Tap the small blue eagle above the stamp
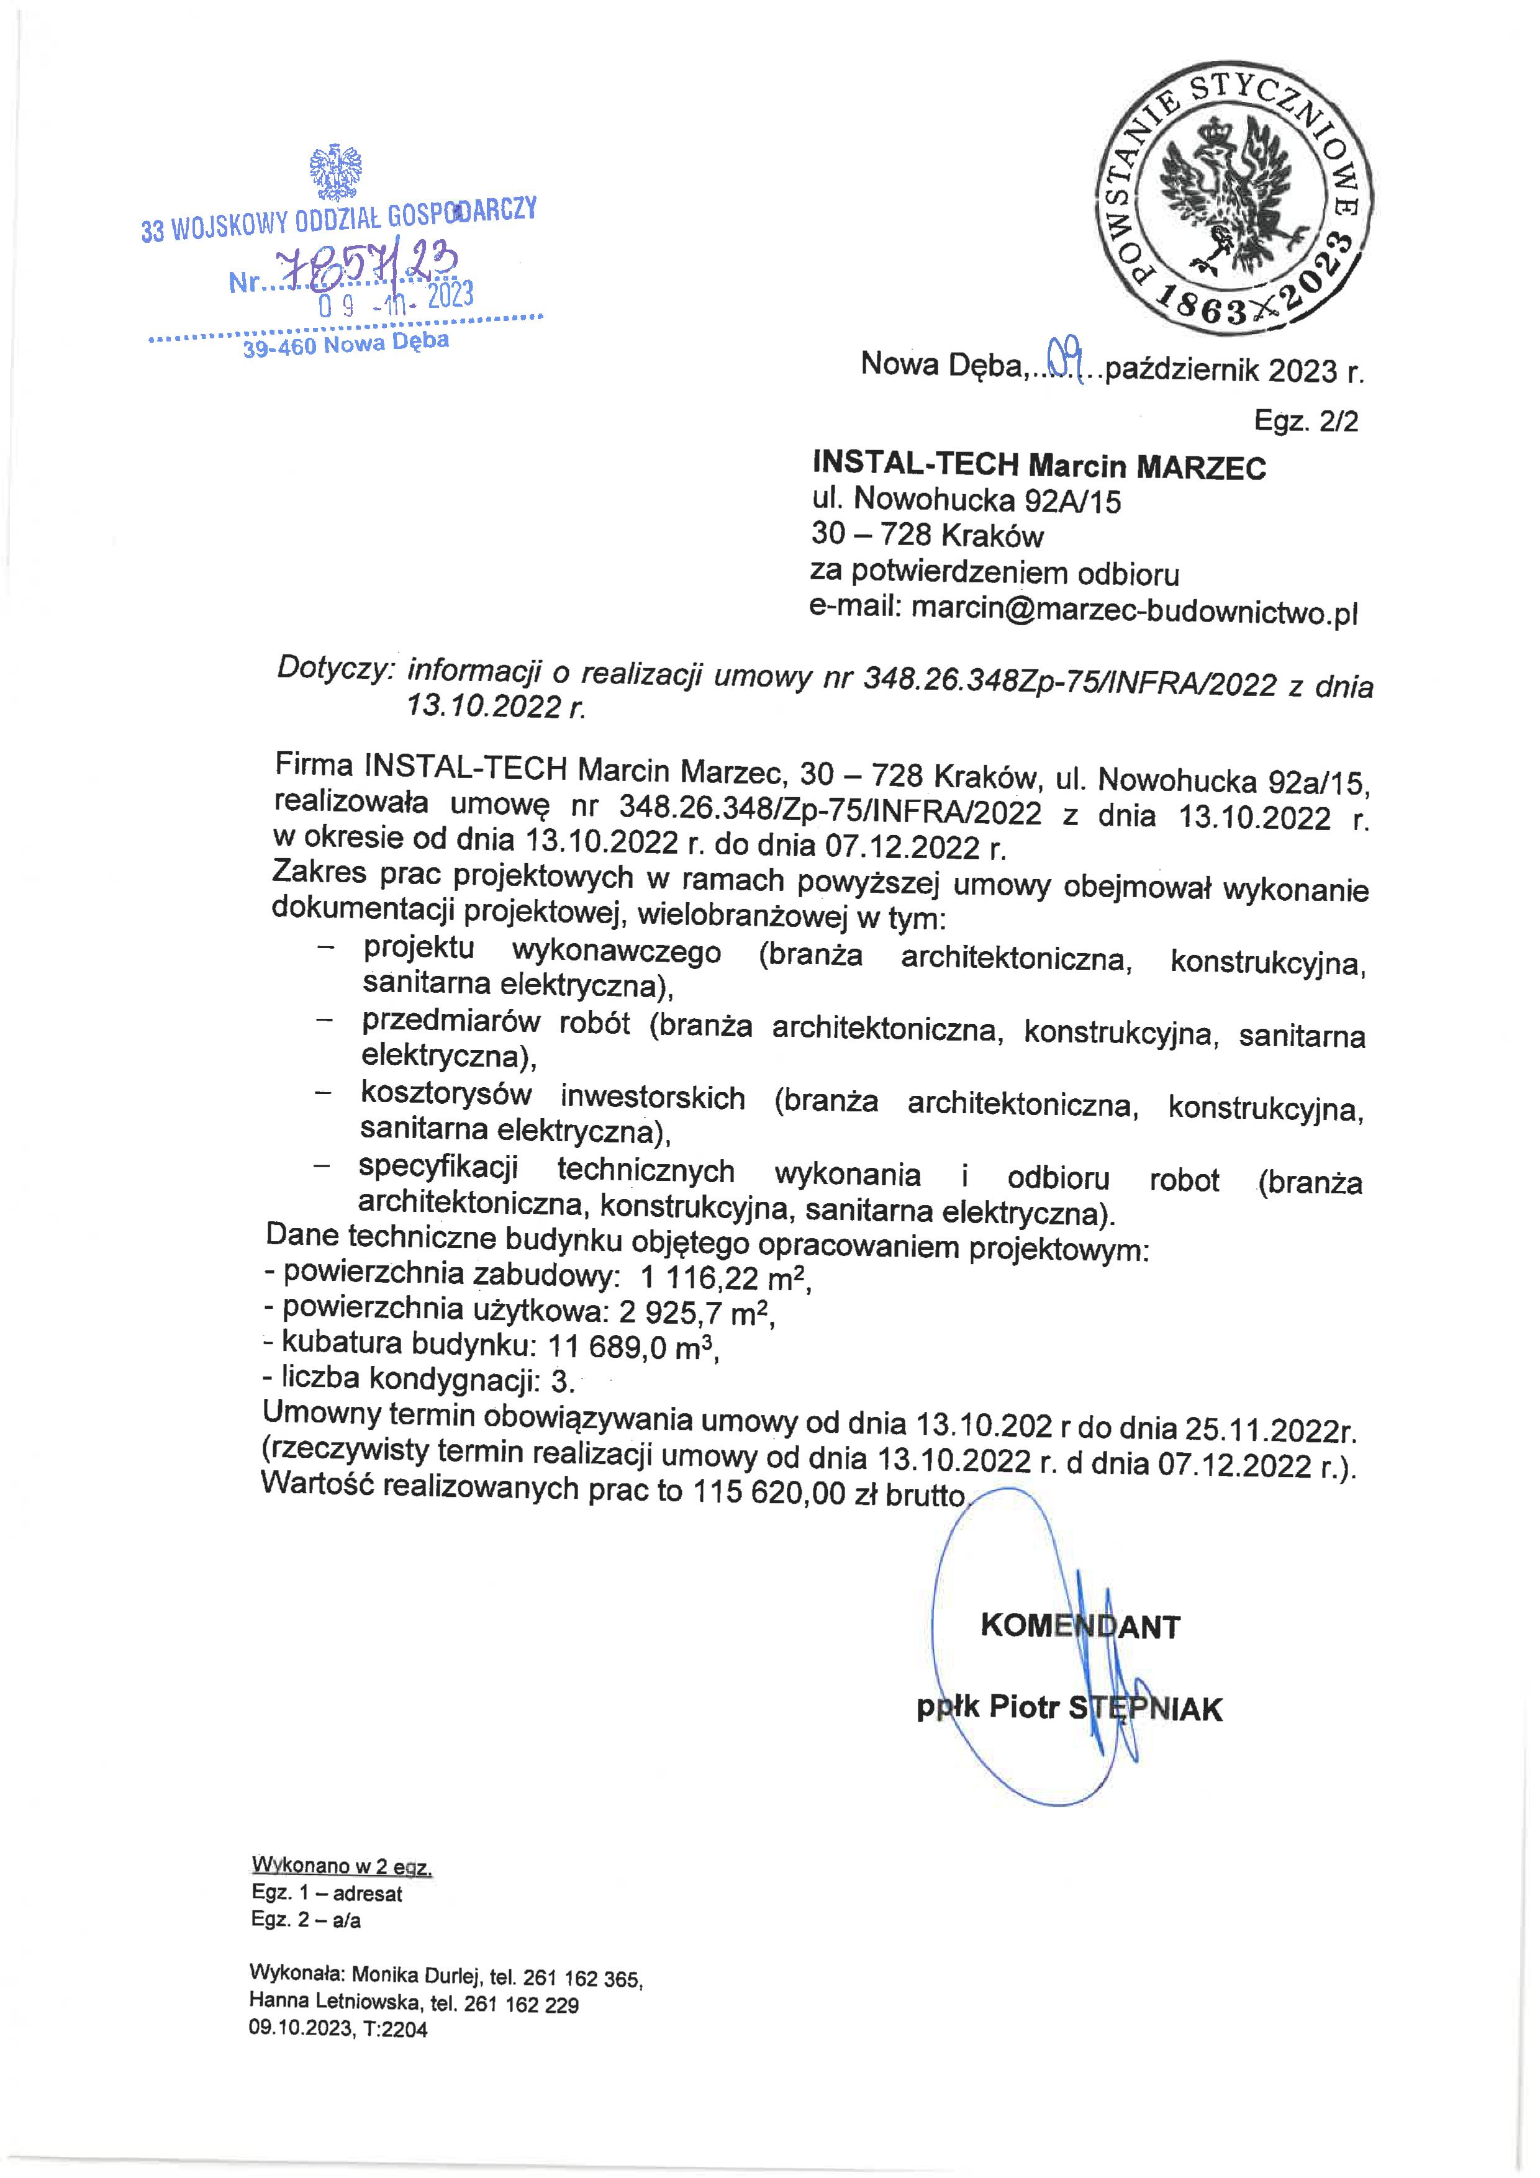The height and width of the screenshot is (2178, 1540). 337,171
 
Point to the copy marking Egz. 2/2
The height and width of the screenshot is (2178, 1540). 1306,420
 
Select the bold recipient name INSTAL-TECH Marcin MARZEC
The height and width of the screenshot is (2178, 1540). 1038,466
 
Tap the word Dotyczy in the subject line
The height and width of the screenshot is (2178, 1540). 334,668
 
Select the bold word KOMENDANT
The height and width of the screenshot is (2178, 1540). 1080,1626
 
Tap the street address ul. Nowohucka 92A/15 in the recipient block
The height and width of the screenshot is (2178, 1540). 966,500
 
